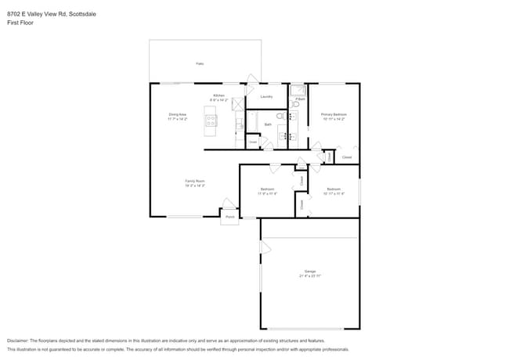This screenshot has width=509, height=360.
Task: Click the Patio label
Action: (200, 63)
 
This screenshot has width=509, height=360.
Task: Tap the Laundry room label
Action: (266, 97)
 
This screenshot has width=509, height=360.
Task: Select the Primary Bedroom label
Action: (334, 114)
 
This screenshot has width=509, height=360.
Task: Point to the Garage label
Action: (310, 272)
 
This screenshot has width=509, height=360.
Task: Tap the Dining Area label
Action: (177, 114)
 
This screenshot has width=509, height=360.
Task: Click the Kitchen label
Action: (218, 95)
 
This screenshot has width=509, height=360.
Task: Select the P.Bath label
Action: (300, 99)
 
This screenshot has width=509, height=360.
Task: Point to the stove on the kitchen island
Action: (211, 121)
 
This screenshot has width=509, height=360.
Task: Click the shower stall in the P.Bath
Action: (298, 90)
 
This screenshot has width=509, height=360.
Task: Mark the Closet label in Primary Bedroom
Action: (347, 157)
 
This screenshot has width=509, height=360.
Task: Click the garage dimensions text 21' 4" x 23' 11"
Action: (310, 276)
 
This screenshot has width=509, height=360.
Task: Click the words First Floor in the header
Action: (20, 23)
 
